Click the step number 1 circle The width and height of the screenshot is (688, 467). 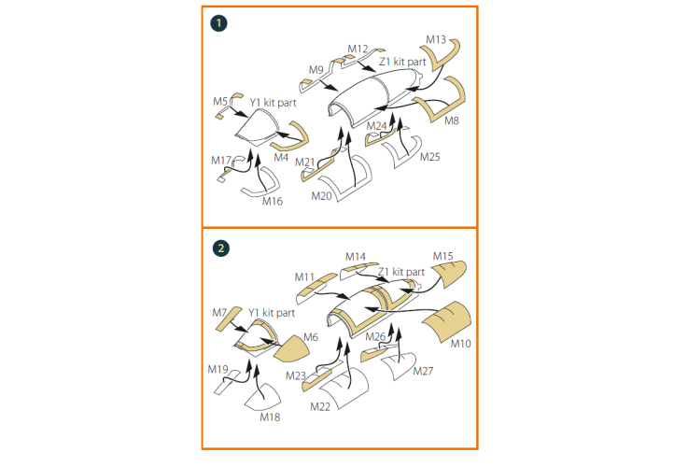coord(219,23)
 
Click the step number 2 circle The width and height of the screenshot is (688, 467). coord(220,248)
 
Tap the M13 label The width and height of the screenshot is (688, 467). coord(436,39)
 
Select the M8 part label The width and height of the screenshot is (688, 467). coord(452,120)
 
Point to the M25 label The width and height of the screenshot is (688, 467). coord(430,157)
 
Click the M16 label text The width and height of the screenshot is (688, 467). coord(273,202)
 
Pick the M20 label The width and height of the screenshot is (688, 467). coord(322,196)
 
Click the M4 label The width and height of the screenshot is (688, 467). coord(281,158)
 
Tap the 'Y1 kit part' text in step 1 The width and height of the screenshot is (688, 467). coord(273,103)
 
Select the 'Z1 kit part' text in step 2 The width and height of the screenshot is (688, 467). coord(401,272)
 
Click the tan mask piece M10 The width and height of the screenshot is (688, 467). coord(446,321)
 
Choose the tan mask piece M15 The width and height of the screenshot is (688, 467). coord(449,274)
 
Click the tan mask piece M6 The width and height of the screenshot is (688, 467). coord(291,348)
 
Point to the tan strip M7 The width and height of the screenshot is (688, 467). coord(229,319)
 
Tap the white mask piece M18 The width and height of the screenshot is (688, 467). coord(262,397)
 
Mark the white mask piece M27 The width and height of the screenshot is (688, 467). coord(398,366)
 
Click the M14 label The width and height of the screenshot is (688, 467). coord(356,256)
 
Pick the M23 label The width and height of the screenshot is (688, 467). coord(296,376)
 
